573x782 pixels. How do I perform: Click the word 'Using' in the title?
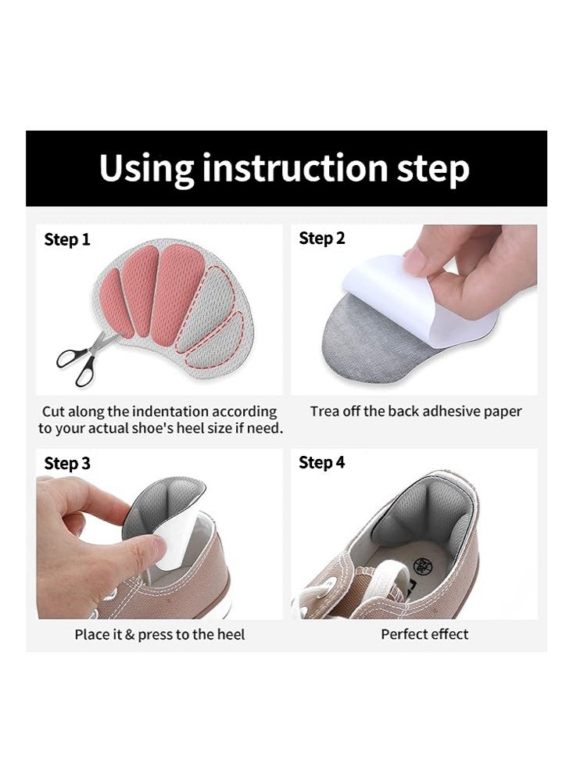pyautogui.click(x=145, y=169)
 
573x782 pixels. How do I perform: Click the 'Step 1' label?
pyautogui.click(x=67, y=239)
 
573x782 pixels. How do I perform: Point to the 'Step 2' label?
pyautogui.click(x=321, y=239)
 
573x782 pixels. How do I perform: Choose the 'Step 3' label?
pyautogui.click(x=67, y=463)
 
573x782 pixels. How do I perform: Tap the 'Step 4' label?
pyautogui.click(x=321, y=462)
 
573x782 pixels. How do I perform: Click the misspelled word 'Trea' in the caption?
pyautogui.click(x=325, y=411)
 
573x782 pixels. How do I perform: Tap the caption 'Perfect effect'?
pyautogui.click(x=424, y=634)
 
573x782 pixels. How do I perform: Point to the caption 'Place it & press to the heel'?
pyautogui.click(x=159, y=634)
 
